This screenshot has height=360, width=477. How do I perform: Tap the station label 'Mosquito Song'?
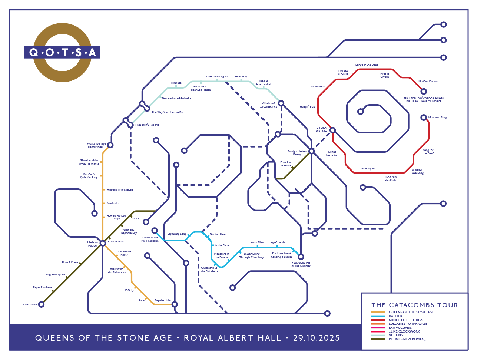(437, 118)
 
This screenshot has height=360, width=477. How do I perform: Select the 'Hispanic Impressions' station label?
(120, 190)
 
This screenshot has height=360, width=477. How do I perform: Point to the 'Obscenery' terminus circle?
(42, 304)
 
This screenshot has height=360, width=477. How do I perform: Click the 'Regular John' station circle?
(175, 304)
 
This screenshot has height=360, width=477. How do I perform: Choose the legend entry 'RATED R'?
(395, 316)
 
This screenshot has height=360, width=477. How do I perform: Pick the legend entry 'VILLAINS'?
(395, 335)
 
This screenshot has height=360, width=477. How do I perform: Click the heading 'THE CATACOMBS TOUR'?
(414, 305)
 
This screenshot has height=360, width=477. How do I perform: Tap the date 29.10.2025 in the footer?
(316, 338)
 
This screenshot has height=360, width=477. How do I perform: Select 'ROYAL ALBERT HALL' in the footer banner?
(232, 338)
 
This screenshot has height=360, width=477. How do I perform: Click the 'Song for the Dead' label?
(367, 65)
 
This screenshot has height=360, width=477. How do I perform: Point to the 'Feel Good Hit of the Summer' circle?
(301, 257)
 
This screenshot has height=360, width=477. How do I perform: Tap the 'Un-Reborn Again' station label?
(217, 77)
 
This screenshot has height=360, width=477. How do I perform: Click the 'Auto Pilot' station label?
(257, 242)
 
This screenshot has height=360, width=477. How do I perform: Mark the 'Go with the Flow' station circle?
(333, 130)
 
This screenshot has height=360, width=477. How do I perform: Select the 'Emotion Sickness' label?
(285, 164)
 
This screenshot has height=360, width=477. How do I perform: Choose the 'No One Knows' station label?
(428, 82)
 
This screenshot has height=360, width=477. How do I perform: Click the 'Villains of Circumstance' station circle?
(281, 103)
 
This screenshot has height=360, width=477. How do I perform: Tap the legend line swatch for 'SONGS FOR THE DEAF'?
(378, 320)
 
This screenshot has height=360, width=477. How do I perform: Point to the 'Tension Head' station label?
(218, 234)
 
